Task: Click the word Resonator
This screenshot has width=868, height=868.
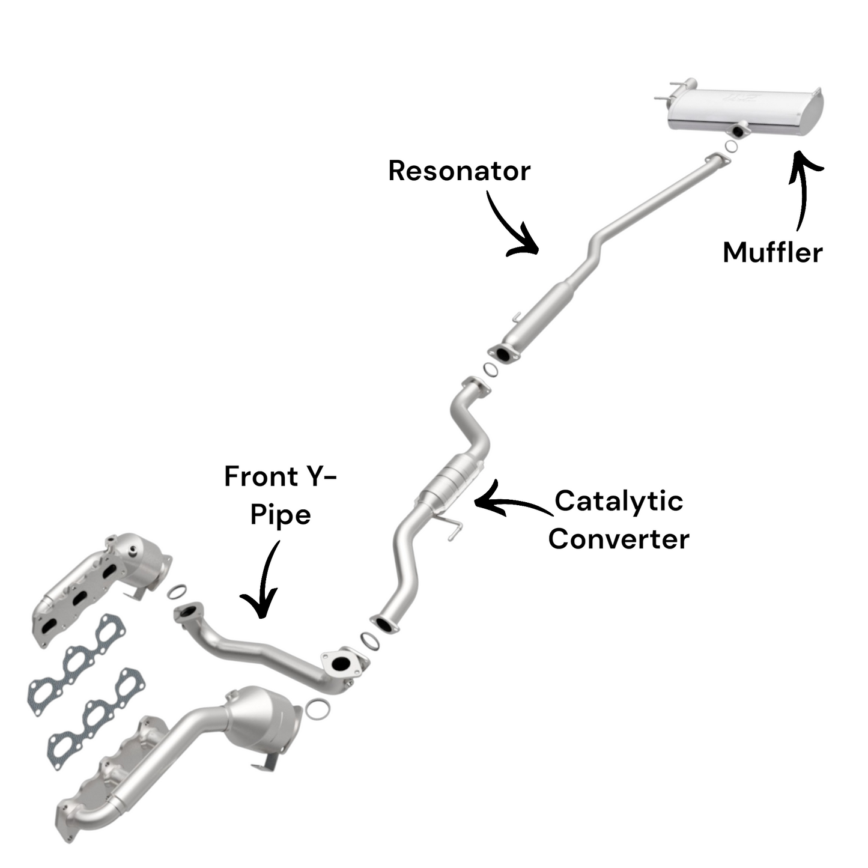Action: coord(459,171)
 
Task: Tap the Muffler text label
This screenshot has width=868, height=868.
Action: coord(772,252)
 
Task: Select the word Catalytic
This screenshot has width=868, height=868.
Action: coord(618,501)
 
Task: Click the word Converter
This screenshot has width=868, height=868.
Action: coord(618,539)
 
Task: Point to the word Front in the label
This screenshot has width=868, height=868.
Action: coord(261,477)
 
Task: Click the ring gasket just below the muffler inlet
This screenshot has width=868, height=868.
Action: coord(731,146)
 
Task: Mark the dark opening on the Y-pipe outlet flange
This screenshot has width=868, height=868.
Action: coord(341,663)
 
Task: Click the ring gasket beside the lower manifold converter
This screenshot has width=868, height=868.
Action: coord(317,708)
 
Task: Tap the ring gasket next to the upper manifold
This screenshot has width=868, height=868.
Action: coord(177,592)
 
